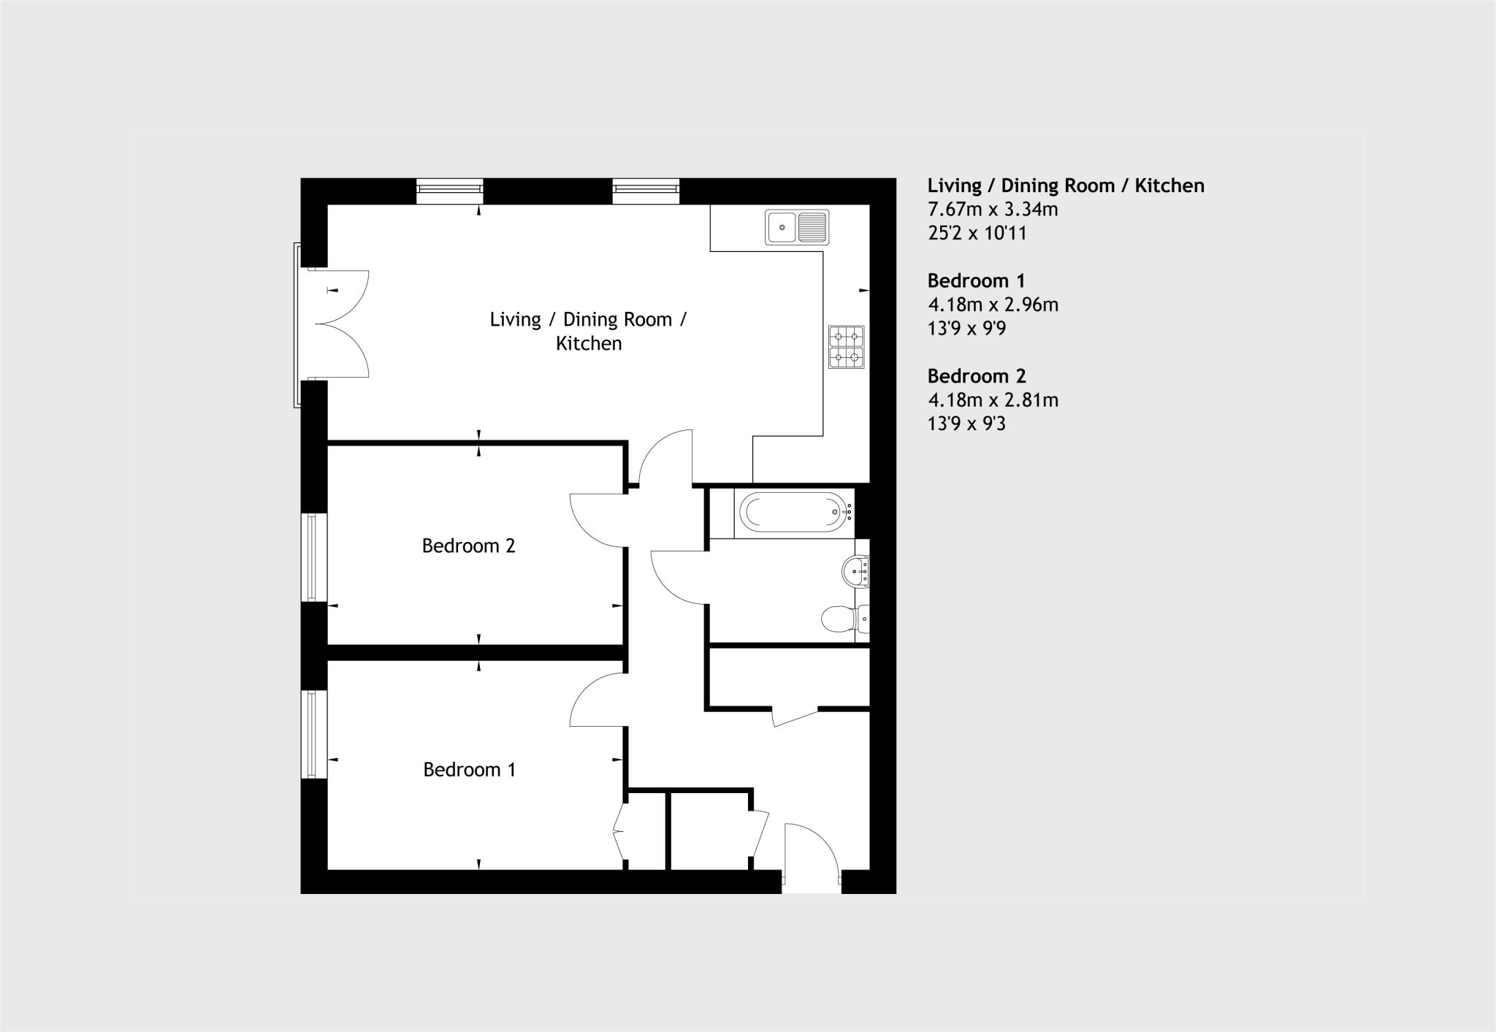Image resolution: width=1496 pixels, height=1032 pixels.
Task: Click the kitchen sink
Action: tap(796, 226)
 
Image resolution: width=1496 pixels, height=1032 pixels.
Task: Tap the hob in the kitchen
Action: tap(846, 347)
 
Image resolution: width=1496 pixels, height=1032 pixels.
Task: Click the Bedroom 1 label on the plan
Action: tap(470, 770)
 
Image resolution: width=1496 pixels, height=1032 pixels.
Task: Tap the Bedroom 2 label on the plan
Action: tap(469, 546)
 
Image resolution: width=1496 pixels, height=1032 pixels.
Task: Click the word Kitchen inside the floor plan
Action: tap(589, 343)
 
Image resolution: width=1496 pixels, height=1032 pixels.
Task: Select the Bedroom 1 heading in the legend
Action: tap(976, 280)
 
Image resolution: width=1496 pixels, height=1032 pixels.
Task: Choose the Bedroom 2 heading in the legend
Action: tap(977, 376)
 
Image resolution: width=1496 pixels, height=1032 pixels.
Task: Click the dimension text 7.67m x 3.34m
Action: tap(993, 210)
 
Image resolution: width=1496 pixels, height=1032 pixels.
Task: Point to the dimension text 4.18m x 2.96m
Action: tap(993, 305)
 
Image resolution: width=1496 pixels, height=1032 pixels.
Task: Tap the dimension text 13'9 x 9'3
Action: tap(966, 424)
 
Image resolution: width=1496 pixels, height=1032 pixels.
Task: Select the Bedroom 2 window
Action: tap(314, 557)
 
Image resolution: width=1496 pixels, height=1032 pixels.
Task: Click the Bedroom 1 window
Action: tap(314, 734)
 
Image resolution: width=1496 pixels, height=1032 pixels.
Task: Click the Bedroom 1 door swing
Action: tap(595, 701)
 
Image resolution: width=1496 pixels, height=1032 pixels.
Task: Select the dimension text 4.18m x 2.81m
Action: tap(993, 400)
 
